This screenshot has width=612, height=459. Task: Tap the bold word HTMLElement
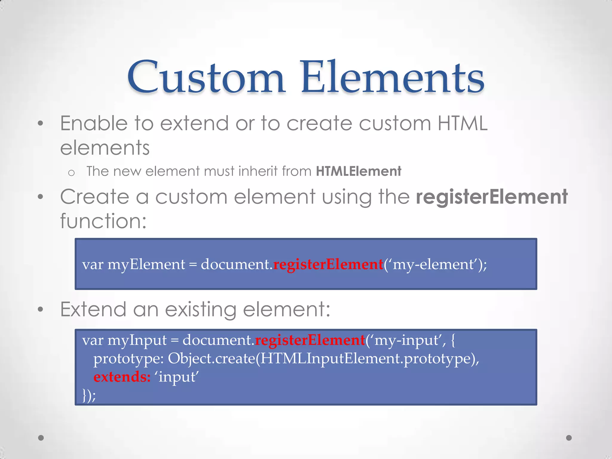click(358, 172)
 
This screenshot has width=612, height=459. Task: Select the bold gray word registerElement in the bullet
click(492, 197)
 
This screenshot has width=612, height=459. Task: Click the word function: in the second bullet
click(103, 221)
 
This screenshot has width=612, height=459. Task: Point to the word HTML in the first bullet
click(462, 123)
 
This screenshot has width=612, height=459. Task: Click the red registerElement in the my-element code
click(328, 264)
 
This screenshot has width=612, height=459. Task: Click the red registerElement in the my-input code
click(310, 340)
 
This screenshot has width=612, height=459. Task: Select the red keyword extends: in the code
click(122, 377)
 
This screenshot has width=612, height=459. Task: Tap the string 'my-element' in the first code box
click(433, 264)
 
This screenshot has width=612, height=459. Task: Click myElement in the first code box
click(146, 264)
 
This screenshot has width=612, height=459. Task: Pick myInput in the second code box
click(137, 340)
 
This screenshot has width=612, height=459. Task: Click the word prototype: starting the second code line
click(128, 359)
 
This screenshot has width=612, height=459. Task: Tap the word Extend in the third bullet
click(93, 309)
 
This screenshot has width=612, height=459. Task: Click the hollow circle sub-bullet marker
click(71, 173)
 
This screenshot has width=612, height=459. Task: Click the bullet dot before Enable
click(41, 123)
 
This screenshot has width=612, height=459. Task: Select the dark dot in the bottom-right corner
click(569, 438)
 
